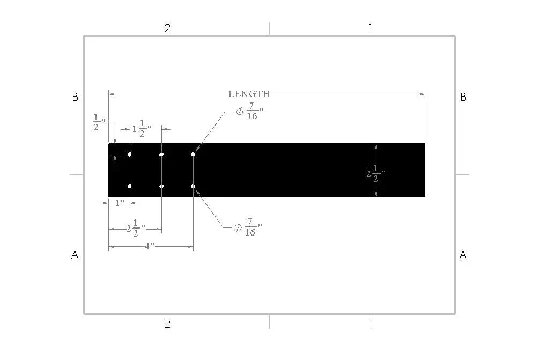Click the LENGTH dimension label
249,94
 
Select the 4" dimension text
150,246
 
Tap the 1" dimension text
120,203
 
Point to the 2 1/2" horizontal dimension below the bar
136,230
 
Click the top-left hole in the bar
130,155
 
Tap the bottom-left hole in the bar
130,186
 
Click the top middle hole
161,155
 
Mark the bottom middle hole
161,186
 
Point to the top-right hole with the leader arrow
193,155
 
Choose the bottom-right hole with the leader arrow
193,186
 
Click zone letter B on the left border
75,97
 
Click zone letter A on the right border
463,255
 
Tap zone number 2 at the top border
167,28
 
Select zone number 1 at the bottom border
370,324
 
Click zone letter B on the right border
463,97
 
